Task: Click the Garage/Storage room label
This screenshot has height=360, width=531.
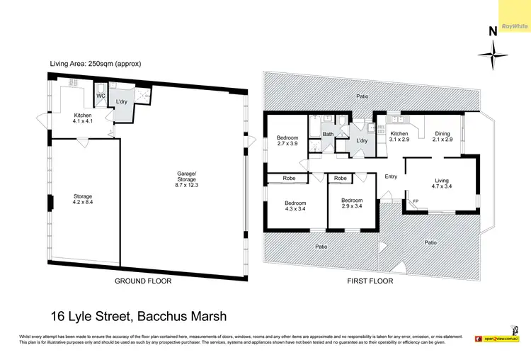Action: [187, 179]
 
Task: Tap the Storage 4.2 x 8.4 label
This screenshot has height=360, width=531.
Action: [83, 200]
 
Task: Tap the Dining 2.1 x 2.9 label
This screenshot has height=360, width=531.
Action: [442, 136]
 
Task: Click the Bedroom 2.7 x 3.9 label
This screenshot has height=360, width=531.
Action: [287, 141]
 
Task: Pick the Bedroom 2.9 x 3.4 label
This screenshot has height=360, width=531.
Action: [351, 204]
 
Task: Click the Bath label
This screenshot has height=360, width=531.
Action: [328, 133]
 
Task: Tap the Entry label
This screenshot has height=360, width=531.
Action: [391, 176]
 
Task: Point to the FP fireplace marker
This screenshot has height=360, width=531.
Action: [415, 201]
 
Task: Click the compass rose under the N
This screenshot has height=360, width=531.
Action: [493, 55]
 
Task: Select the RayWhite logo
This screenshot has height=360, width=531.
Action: [515, 26]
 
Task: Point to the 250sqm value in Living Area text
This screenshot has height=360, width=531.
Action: [101, 64]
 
